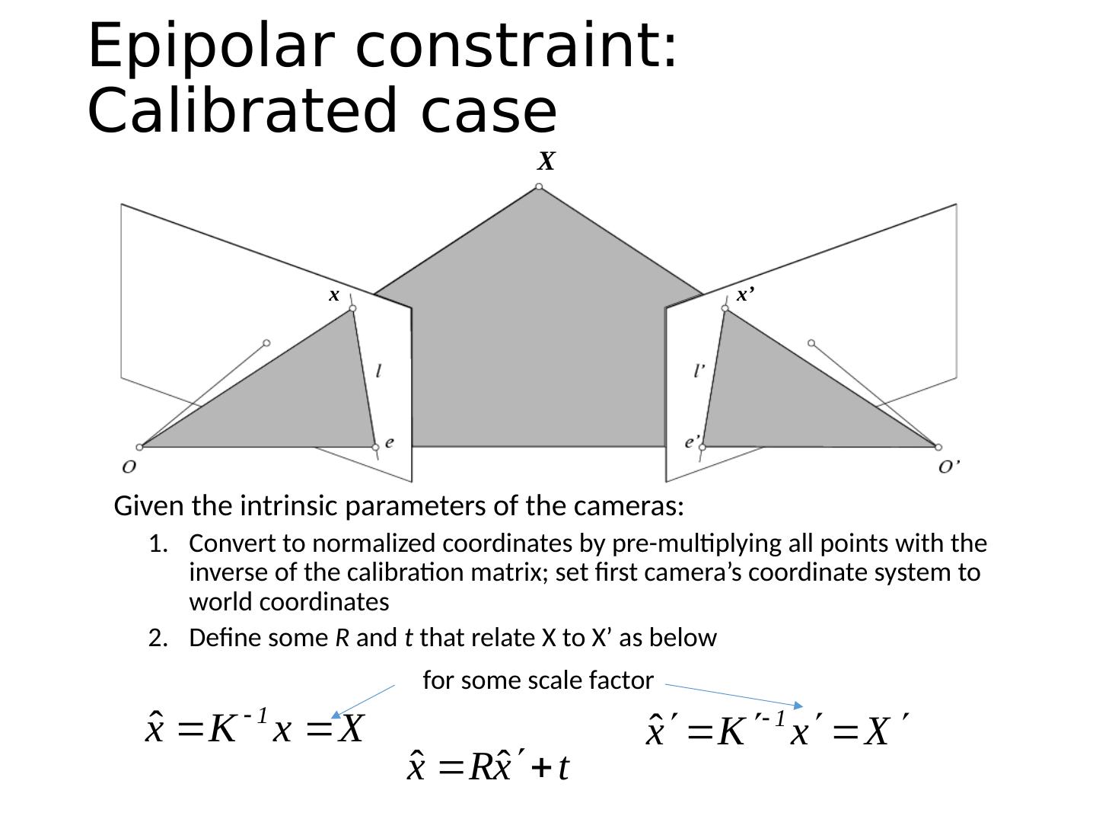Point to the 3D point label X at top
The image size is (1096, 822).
(x=546, y=161)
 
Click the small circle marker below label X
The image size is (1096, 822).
(x=539, y=186)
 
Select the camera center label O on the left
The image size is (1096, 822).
(x=129, y=466)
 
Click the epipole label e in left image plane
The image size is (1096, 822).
(x=390, y=442)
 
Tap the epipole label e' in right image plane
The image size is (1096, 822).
(x=693, y=441)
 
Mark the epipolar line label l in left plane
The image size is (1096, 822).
(x=379, y=371)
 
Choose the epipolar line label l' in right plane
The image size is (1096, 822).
(x=699, y=371)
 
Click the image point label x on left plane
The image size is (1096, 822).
(x=333, y=295)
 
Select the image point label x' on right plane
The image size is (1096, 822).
(x=745, y=295)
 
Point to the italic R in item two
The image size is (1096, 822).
(x=342, y=639)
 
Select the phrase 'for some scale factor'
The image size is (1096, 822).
(x=537, y=680)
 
